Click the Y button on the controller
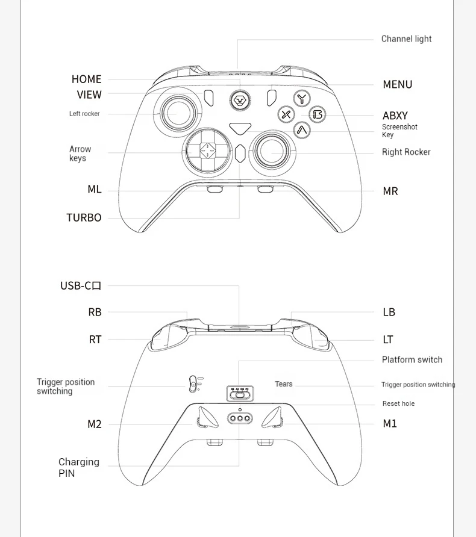[x=302, y=99]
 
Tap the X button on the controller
[x=286, y=114]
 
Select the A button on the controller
[x=302, y=129]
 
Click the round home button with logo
[x=240, y=99]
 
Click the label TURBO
[x=84, y=218]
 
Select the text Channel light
[x=406, y=39]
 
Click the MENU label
[x=398, y=85]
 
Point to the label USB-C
[x=81, y=286]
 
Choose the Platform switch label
[x=412, y=360]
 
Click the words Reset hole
[x=398, y=403]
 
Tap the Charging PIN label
[x=78, y=468]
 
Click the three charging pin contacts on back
[x=239, y=418]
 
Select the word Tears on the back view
[x=283, y=384]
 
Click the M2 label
[x=95, y=424]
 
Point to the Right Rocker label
[x=406, y=152]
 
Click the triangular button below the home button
[x=240, y=128]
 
